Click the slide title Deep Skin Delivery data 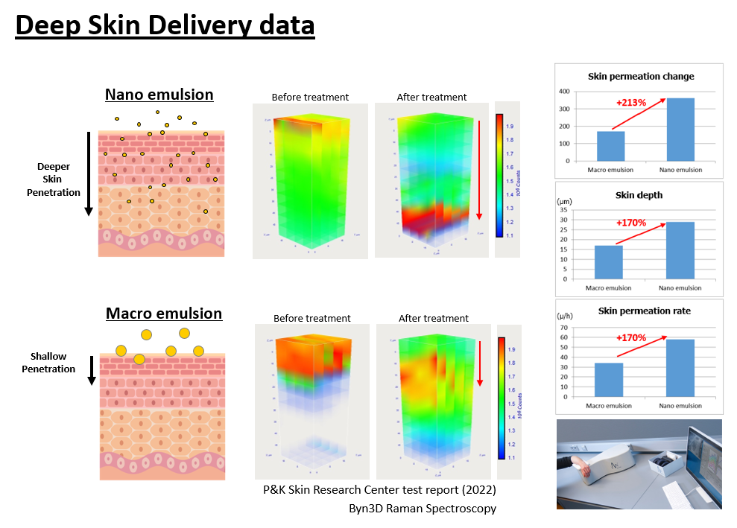point(165,25)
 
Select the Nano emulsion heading point(159,95)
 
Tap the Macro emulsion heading point(164,313)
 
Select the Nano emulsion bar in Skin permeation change point(680,130)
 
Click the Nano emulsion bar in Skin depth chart point(680,250)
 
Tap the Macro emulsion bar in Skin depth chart point(609,262)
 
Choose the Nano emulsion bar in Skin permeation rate point(680,368)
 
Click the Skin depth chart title point(639,194)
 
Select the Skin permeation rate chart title point(639,310)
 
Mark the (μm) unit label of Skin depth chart point(565,201)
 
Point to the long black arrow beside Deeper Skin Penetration point(89,174)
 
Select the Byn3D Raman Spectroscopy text point(423,509)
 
